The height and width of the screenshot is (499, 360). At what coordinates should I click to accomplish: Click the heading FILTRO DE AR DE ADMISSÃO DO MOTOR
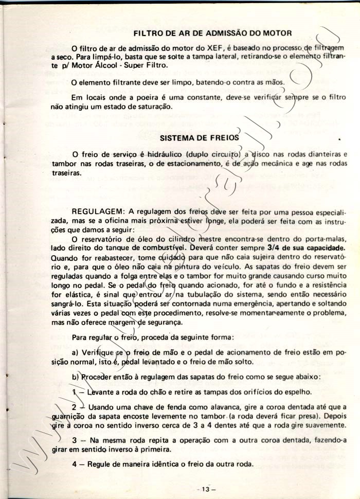point(212,33)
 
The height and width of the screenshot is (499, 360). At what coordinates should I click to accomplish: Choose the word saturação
point(149,106)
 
